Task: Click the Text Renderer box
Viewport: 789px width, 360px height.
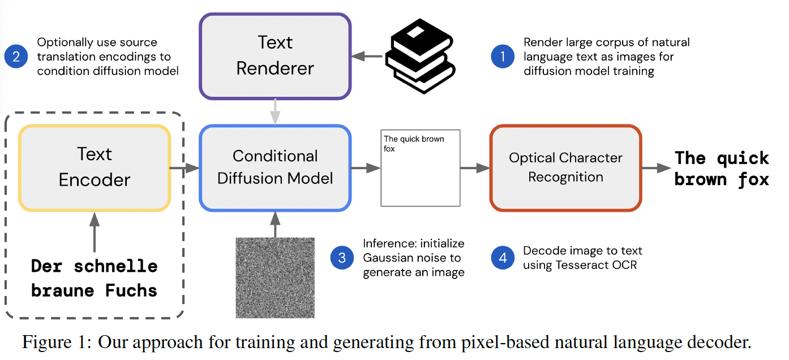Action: [275, 55]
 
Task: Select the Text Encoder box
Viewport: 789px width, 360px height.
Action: [95, 168]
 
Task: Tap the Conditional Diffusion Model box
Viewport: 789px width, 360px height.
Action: [275, 168]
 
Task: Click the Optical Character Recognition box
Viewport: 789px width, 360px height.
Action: [565, 168]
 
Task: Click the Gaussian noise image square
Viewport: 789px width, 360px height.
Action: [275, 277]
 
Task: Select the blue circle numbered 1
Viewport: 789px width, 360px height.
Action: [503, 56]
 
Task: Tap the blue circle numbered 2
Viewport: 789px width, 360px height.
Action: [16, 56]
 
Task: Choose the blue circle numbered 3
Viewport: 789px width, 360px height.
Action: [342, 258]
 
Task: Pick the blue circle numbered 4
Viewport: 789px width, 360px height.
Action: [503, 258]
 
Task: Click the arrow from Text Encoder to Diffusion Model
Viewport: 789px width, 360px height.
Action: [185, 168]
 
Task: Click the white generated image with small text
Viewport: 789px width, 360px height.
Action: [420, 168]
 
